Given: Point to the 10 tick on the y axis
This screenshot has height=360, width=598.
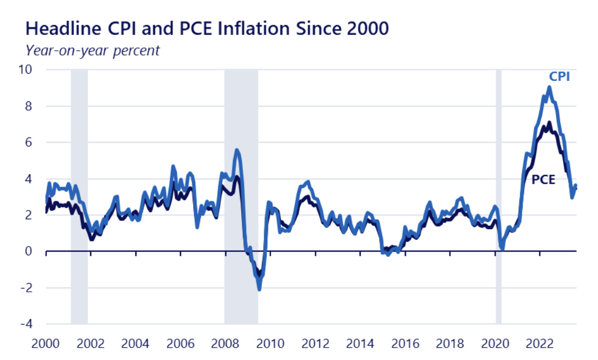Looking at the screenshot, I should [x=26, y=70].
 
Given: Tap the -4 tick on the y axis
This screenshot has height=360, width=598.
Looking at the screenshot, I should [x=26, y=324].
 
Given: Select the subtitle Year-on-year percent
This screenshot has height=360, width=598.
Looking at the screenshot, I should [x=92, y=50].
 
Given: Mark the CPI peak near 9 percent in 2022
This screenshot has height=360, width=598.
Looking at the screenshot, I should [x=549, y=87].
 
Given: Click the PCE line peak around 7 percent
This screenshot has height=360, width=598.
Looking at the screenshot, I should [x=549, y=123].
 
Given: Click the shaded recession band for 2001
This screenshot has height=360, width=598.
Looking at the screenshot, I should [x=79, y=196].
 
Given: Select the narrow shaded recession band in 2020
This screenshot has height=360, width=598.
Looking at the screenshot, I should [x=498, y=196].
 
